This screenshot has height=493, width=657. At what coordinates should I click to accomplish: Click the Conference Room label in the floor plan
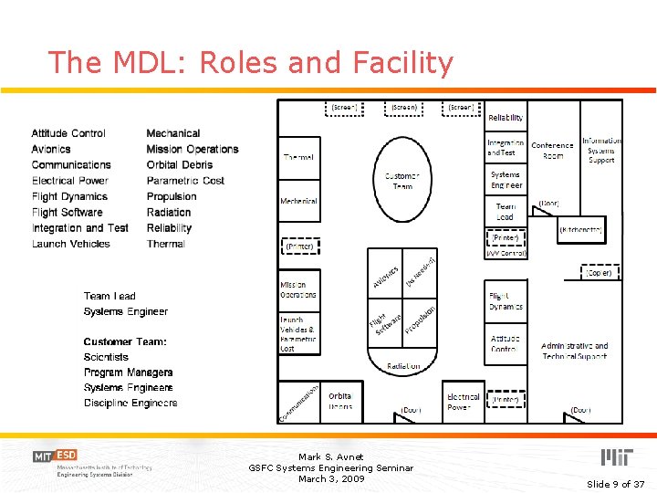click(x=552, y=151)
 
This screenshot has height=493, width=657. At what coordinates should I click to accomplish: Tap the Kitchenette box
click(x=580, y=230)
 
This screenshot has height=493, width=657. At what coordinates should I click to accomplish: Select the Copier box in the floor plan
click(x=600, y=272)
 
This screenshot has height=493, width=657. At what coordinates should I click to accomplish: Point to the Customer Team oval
click(x=401, y=181)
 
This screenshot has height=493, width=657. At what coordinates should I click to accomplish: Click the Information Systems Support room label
click(x=601, y=151)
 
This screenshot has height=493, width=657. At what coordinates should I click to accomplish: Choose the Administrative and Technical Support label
click(x=574, y=351)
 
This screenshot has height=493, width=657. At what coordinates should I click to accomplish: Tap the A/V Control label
click(x=506, y=253)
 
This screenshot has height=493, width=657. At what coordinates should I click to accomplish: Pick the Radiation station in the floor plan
click(x=403, y=365)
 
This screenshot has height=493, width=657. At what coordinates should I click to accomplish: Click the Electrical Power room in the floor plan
click(x=463, y=402)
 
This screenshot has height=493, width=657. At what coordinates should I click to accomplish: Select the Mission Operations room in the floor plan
click(x=298, y=289)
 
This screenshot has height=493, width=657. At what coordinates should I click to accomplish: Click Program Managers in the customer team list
click(x=128, y=372)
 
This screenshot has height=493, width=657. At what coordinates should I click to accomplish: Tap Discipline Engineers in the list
click(x=130, y=403)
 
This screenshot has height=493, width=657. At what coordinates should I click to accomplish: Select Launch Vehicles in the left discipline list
click(x=70, y=244)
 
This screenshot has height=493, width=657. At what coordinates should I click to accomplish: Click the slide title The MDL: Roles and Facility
click(x=250, y=63)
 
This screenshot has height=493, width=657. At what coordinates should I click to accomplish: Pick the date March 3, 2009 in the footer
click(x=330, y=478)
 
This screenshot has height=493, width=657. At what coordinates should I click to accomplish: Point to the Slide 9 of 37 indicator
click(x=615, y=483)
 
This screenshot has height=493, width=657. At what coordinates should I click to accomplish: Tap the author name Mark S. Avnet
click(x=330, y=456)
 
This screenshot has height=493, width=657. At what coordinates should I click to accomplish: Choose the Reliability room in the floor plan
click(x=506, y=118)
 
